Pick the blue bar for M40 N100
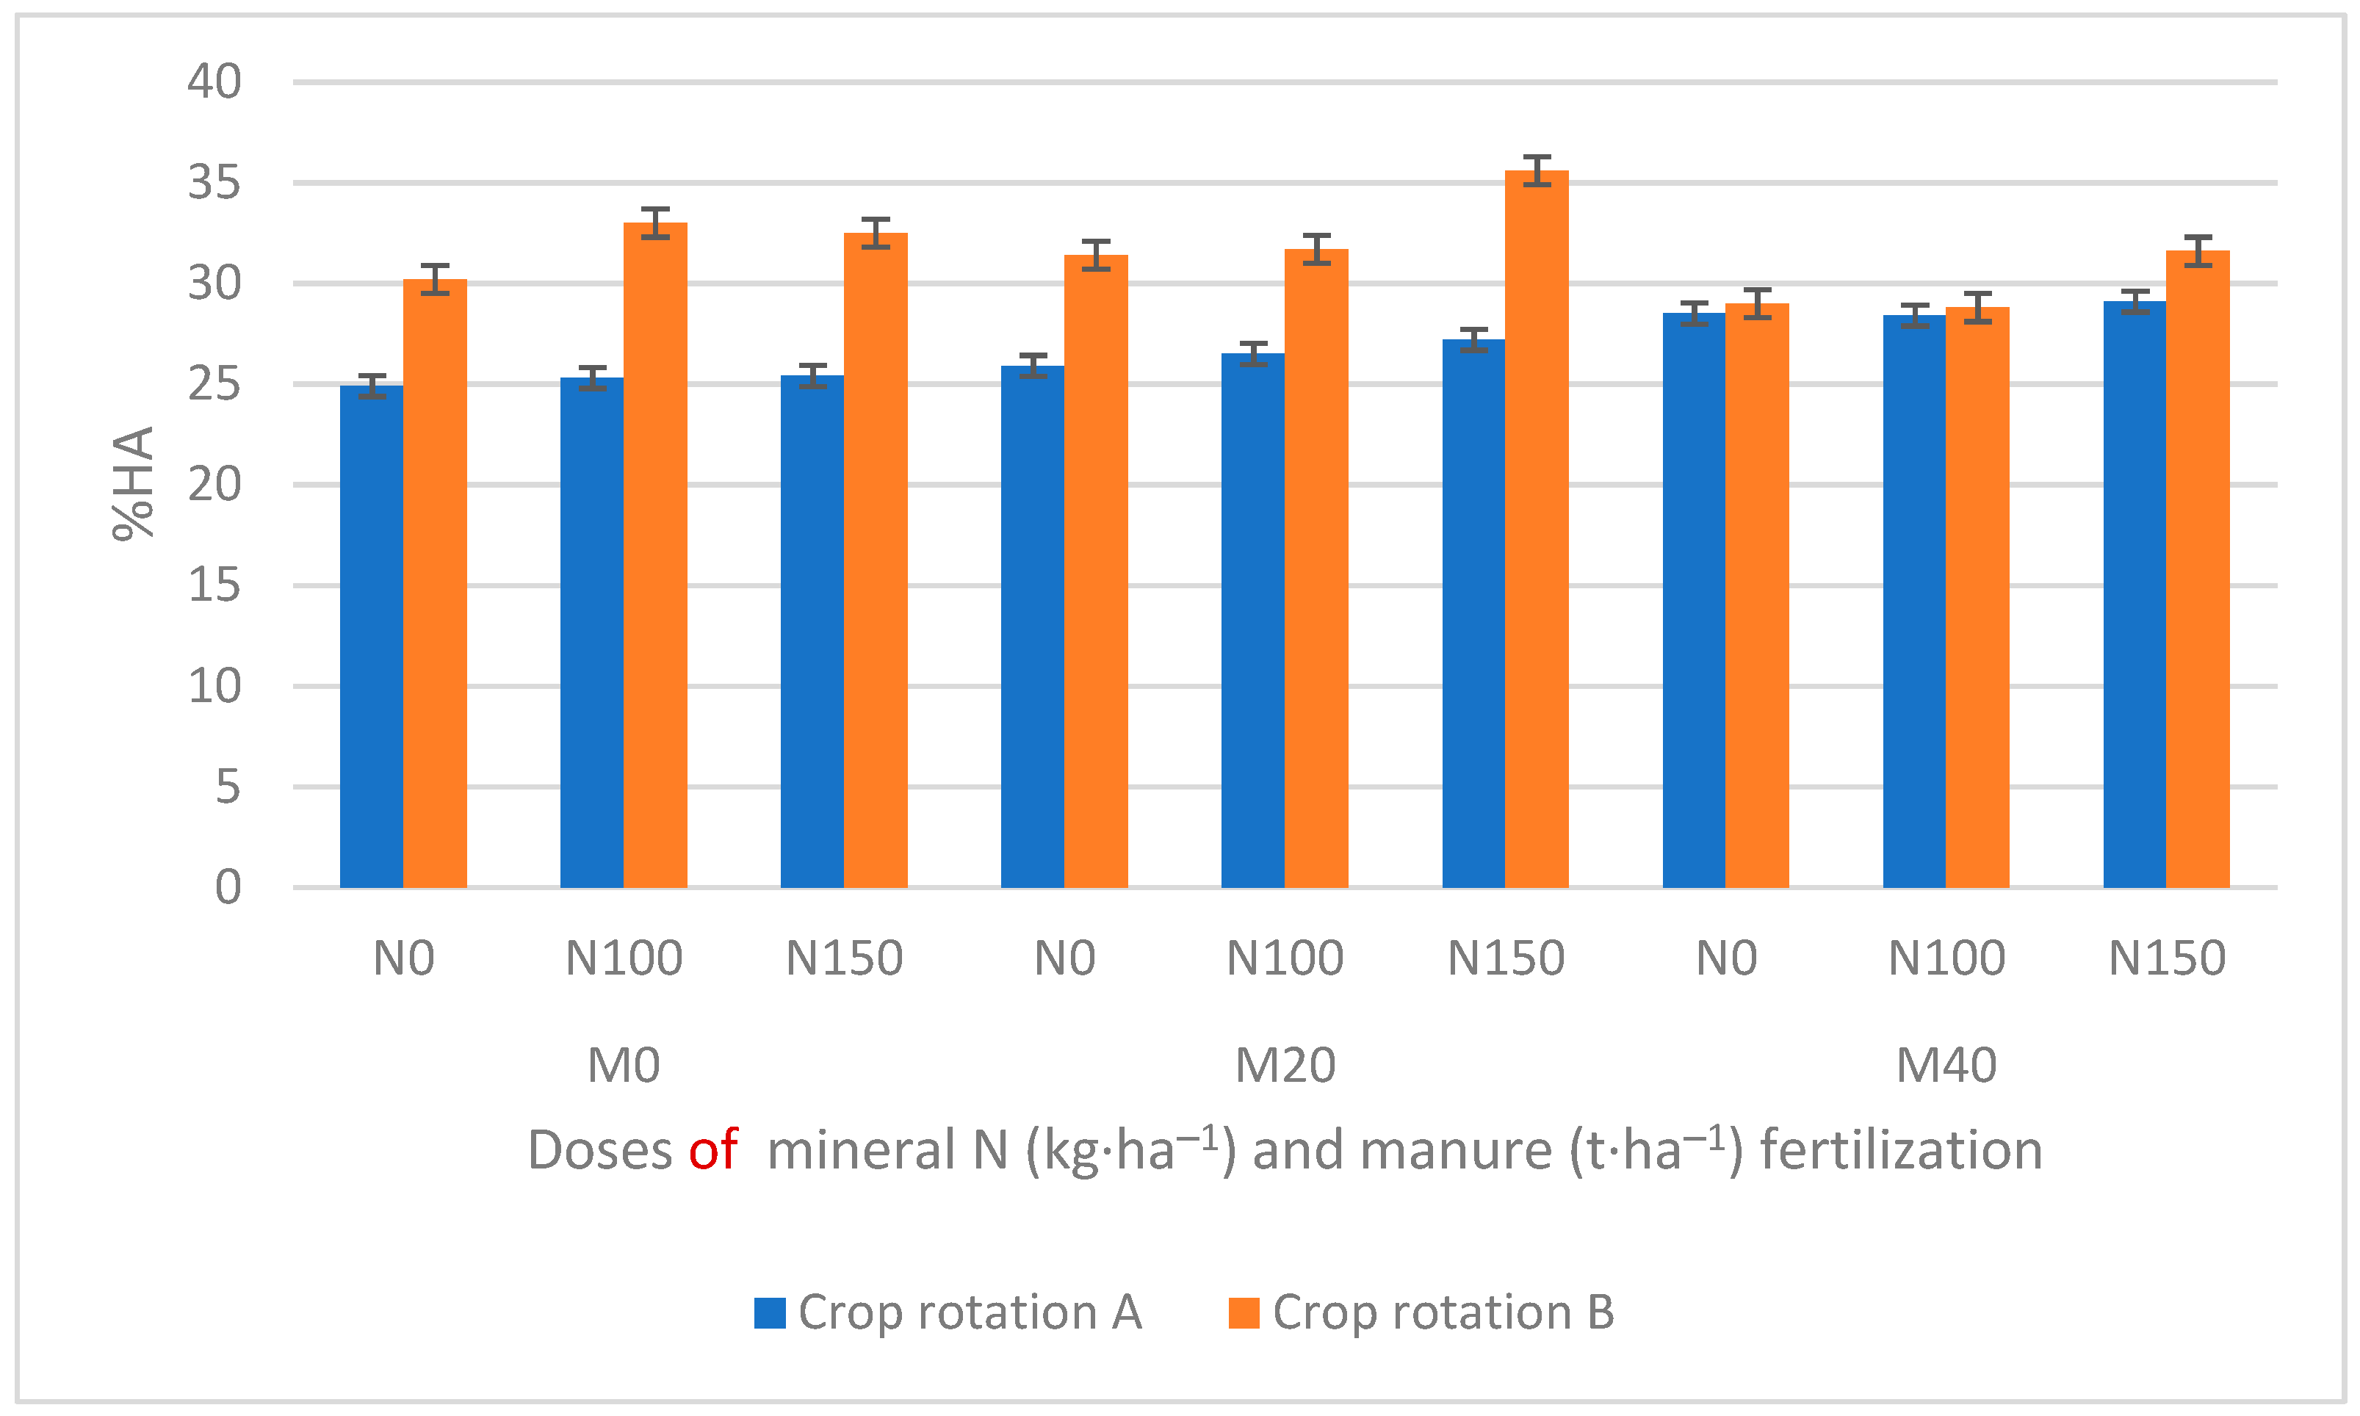(1914, 601)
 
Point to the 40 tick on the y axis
(214, 82)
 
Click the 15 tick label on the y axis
(214, 585)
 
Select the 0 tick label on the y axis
(227, 887)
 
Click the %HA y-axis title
(134, 484)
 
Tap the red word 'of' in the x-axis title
(713, 1150)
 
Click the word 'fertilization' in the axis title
(1901, 1150)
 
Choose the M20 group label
(1285, 1066)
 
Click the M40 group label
(1946, 1066)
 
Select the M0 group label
(623, 1066)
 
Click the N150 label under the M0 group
(844, 958)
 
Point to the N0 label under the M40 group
(1725, 958)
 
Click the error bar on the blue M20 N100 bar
(1253, 353)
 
